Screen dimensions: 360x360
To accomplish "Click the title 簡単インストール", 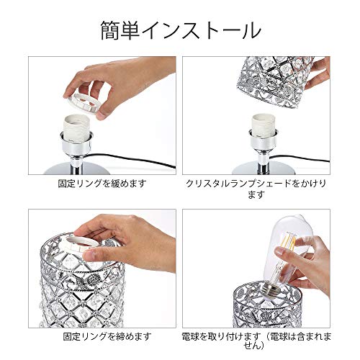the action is pos(181,30).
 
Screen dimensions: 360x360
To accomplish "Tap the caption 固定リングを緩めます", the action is pos(102,184).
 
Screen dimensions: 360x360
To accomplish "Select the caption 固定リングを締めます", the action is pos(107,336).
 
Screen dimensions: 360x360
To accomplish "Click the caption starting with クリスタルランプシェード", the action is pos(256,189).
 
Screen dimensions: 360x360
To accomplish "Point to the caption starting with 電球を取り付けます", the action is pos(256,341).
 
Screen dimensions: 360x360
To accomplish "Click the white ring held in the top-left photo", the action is pos(81,103).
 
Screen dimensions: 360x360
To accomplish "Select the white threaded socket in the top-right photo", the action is pos(263,127).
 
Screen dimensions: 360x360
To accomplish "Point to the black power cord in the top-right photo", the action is pos(300,158).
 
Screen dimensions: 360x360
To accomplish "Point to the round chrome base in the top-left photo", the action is pos(77,168).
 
